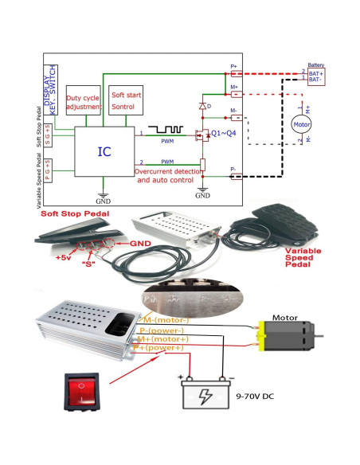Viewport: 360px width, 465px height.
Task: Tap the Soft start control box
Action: tap(125, 100)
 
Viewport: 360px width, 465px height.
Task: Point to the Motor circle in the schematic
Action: tap(301, 124)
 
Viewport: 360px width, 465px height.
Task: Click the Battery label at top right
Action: tap(317, 66)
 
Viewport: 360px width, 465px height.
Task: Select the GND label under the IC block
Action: tap(103, 198)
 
